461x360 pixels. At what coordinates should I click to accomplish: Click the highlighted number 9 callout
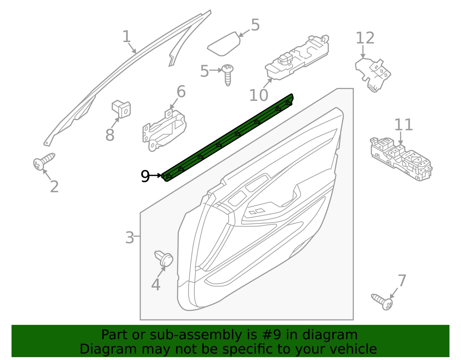coord(145,176)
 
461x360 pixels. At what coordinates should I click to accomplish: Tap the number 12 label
coord(365,38)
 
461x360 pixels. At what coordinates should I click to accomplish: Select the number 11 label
coord(403,125)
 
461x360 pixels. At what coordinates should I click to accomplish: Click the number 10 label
coord(258,95)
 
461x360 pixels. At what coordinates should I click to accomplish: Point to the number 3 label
coord(130,238)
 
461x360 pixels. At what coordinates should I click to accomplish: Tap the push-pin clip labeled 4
coord(165,259)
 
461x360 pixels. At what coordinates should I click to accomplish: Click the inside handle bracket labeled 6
coord(164,130)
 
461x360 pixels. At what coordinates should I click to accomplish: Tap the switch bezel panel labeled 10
coord(297,58)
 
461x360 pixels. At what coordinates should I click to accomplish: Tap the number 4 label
coord(156,285)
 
